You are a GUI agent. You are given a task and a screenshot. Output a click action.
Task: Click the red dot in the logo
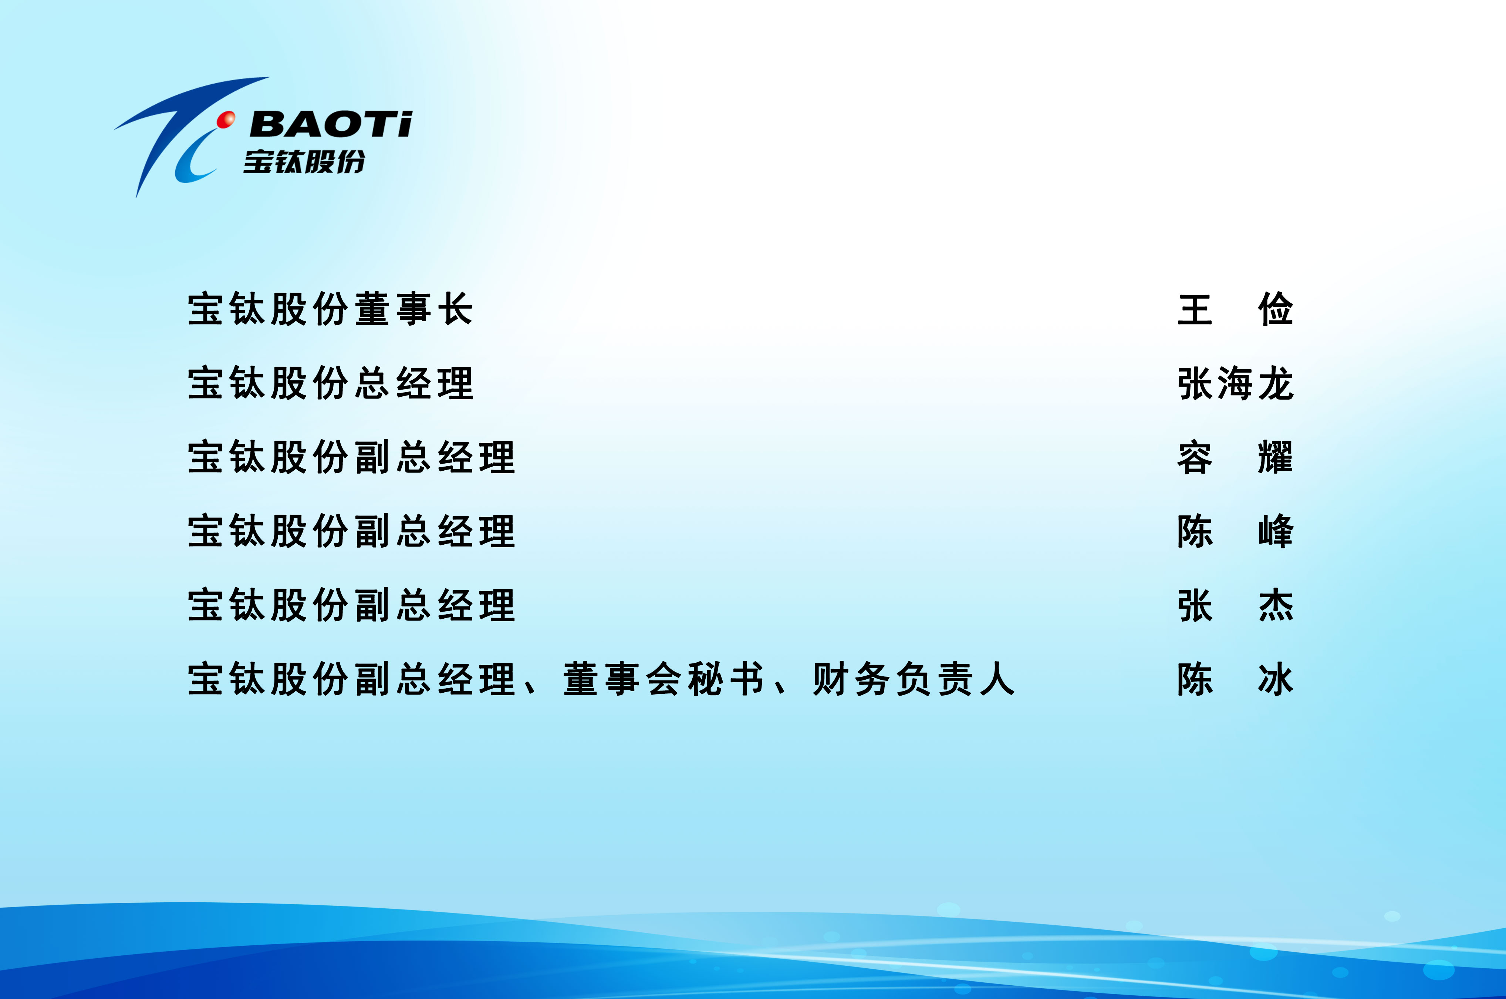point(226,119)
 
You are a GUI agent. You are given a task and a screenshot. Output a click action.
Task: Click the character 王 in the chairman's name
point(1195,310)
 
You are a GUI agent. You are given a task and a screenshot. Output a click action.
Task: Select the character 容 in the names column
point(1195,457)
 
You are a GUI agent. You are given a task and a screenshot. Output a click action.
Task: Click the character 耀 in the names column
point(1276,457)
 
